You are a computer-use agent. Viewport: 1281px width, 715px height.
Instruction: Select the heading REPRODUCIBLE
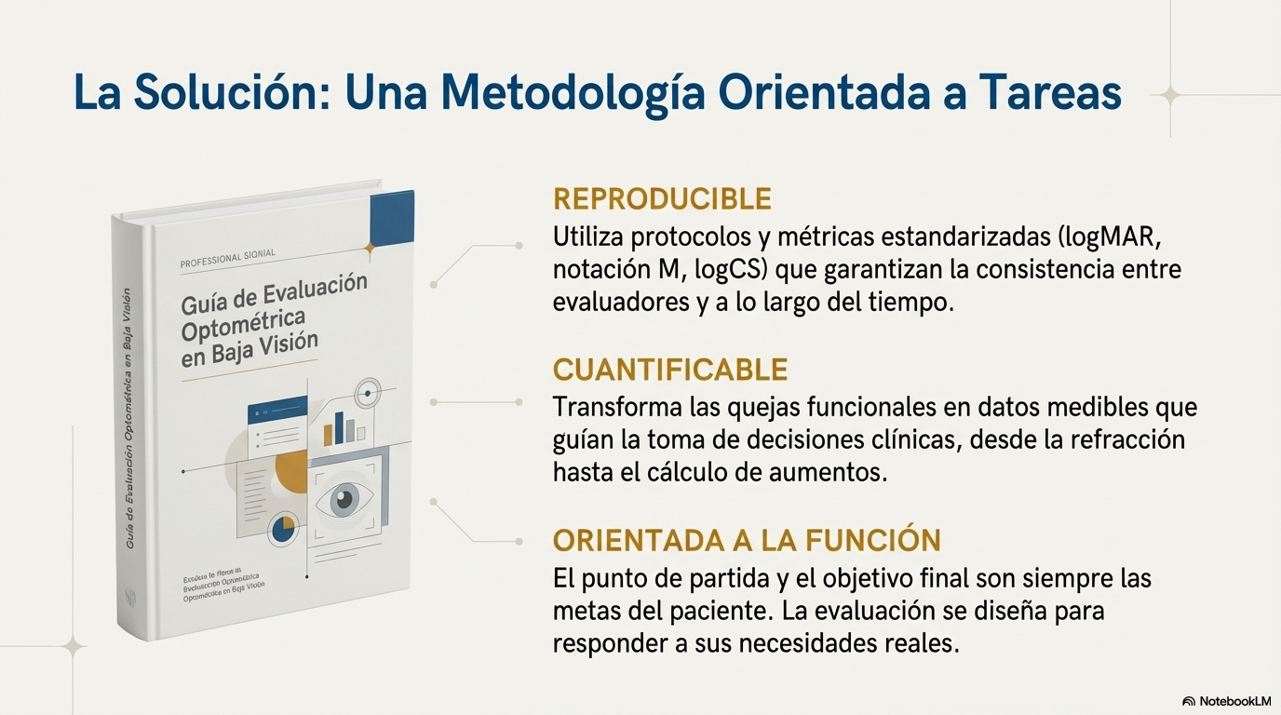click(x=662, y=198)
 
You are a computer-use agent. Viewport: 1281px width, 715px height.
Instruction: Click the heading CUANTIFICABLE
click(x=670, y=370)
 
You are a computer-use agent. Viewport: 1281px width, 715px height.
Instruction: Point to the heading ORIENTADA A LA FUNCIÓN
click(x=747, y=540)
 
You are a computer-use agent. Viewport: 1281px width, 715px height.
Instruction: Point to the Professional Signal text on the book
click(x=228, y=259)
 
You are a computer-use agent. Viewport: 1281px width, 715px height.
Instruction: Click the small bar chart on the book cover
click(x=344, y=427)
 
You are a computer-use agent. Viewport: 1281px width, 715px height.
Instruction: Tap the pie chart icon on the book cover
click(x=282, y=530)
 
